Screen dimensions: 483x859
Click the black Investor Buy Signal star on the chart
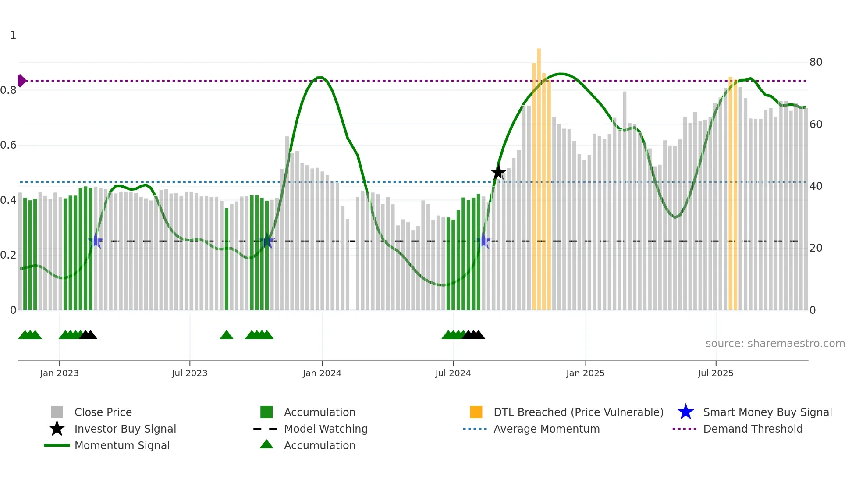pyautogui.click(x=498, y=172)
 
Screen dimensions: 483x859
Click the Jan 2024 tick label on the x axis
pyautogui.click(x=322, y=373)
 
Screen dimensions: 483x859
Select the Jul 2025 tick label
pyautogui.click(x=715, y=373)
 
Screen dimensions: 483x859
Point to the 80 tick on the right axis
pyautogui.click(x=816, y=62)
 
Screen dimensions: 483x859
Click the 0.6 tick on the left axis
pyautogui.click(x=9, y=145)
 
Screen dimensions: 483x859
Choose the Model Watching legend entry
pyautogui.click(x=325, y=429)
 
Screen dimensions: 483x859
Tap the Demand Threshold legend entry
pyautogui.click(x=753, y=429)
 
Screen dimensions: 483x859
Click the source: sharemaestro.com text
pyautogui.click(x=775, y=344)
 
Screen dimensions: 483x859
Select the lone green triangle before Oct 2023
pyautogui.click(x=227, y=335)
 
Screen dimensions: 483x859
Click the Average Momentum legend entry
pyautogui.click(x=546, y=429)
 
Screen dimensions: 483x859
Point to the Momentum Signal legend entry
pyautogui.click(x=121, y=445)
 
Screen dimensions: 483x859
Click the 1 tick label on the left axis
pyautogui.click(x=13, y=35)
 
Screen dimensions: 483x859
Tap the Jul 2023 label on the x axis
pyautogui.click(x=189, y=373)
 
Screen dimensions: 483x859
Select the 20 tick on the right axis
pyautogui.click(x=816, y=248)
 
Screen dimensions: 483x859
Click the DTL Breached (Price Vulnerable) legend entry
pyautogui.click(x=578, y=412)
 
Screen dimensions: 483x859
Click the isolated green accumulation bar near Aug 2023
pyautogui.click(x=227, y=259)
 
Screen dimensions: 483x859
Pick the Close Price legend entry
pyautogui.click(x=103, y=412)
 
